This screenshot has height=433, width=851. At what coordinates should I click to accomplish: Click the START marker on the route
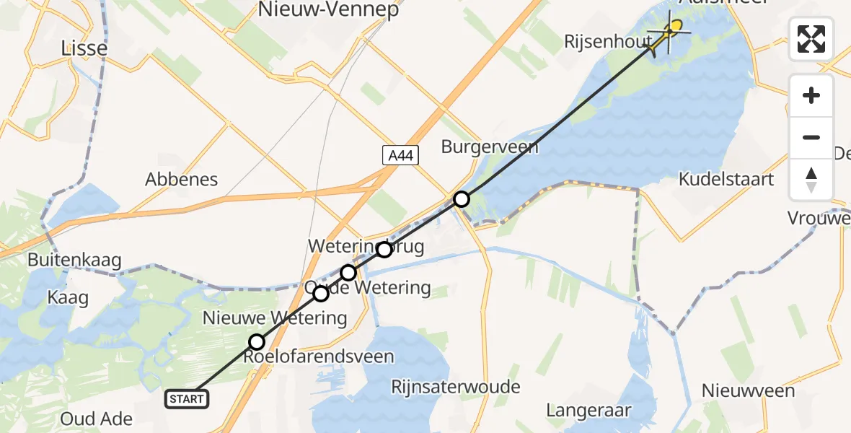click(x=187, y=398)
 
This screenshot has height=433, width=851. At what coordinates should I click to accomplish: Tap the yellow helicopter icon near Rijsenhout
click(x=668, y=33)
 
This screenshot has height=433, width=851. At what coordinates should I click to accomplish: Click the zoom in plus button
click(x=811, y=95)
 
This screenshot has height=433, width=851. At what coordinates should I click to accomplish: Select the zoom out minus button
click(x=811, y=137)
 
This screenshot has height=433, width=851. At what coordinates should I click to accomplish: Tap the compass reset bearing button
click(x=811, y=179)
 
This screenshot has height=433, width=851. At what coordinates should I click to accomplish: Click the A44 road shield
click(x=400, y=154)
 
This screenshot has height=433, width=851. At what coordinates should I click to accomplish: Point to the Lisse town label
click(x=85, y=48)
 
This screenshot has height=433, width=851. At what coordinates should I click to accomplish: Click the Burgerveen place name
click(x=490, y=147)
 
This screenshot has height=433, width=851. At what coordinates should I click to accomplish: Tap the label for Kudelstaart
click(x=726, y=179)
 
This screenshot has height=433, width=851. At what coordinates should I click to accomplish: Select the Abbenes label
click(x=182, y=180)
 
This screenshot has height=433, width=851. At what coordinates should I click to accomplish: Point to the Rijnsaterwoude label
click(x=455, y=387)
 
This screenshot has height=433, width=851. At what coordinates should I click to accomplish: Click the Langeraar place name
click(x=588, y=411)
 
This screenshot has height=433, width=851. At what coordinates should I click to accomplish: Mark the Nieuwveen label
click(x=749, y=391)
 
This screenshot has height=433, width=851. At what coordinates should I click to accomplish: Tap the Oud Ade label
click(x=97, y=419)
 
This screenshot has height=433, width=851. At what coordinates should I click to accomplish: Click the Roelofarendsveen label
click(x=319, y=357)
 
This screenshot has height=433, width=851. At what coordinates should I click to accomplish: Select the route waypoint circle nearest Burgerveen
click(x=462, y=199)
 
